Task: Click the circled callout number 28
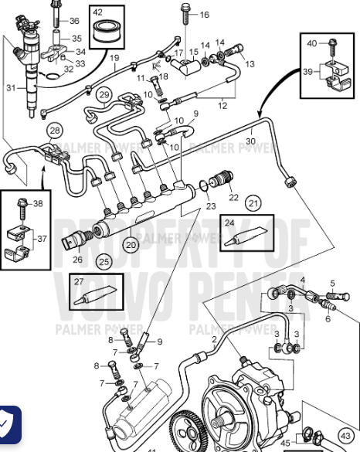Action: [54, 131]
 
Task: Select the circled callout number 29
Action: [105, 95]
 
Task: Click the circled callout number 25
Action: [104, 262]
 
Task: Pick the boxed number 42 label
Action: [97, 12]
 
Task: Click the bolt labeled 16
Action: [186, 12]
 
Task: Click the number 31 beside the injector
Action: [10, 87]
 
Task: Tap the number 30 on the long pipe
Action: [250, 141]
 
